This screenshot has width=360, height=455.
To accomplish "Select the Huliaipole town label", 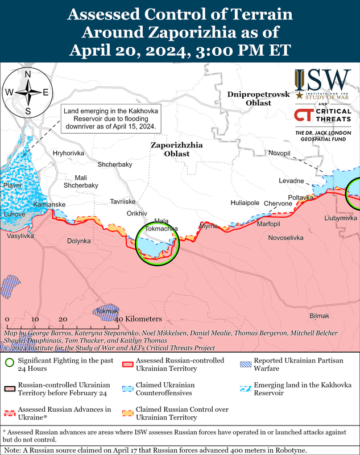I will (245, 202).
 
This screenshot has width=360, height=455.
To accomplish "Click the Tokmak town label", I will (106, 311).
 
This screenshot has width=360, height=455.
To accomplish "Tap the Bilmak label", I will (319, 316).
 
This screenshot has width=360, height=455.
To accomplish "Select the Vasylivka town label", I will (20, 235).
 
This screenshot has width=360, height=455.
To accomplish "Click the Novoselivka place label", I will (285, 237).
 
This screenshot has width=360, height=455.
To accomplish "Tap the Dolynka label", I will (79, 241).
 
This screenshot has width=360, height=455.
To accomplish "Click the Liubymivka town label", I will (340, 218).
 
